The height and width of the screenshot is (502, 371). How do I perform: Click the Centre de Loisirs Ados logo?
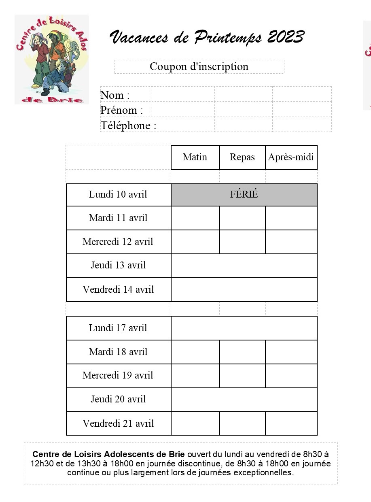[51, 60]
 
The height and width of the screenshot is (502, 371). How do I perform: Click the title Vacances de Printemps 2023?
[206, 37]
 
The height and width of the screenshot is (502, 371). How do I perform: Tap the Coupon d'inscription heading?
[199, 66]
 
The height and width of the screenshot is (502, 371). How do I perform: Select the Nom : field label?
[115, 95]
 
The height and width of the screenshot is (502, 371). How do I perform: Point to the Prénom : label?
[121, 110]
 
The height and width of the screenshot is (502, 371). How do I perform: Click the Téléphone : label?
[128, 125]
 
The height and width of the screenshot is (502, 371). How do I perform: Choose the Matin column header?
[195, 157]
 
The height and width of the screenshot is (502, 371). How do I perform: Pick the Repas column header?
[242, 157]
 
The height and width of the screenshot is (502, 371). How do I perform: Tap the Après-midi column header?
[291, 157]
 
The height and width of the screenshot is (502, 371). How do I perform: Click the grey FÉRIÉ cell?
[244, 194]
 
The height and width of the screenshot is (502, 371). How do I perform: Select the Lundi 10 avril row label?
[118, 194]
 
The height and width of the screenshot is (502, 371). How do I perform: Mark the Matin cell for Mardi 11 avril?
[195, 218]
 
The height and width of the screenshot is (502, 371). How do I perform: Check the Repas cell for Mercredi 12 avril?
[242, 242]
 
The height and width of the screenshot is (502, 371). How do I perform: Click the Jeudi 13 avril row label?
[118, 266]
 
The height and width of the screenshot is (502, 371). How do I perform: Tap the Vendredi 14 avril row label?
[118, 289]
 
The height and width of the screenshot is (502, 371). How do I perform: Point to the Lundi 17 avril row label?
[118, 328]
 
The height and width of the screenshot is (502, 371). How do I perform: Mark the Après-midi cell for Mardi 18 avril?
[291, 352]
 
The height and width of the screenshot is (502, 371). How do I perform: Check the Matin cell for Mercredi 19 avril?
[195, 375]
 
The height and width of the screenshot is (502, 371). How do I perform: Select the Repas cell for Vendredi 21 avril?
[242, 423]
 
